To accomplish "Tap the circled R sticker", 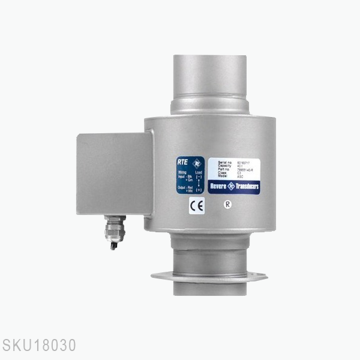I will coord(227,203).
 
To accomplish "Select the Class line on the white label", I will coord(227,173).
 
